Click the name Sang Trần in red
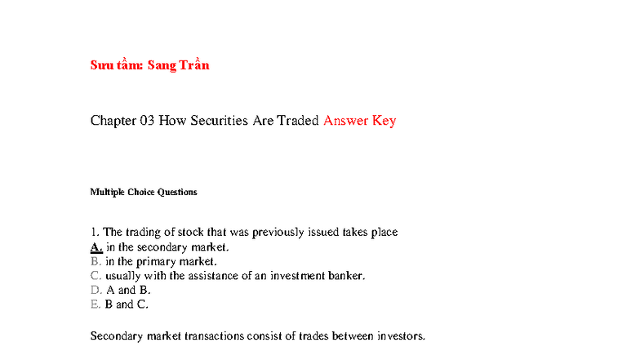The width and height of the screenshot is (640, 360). coord(178,65)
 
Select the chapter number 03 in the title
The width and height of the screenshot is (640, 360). coord(147,121)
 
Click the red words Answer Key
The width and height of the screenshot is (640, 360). coord(360,121)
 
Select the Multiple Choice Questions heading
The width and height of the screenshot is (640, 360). coord(144,193)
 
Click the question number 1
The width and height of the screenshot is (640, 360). coord(94,232)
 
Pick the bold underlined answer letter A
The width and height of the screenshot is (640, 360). coord(96,247)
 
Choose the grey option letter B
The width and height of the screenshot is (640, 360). coord(95,261)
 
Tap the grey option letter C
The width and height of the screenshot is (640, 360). coord(96,276)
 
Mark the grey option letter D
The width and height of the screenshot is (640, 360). coord(96,290)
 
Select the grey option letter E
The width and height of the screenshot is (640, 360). coord(95,304)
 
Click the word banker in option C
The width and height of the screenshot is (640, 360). coord(348,276)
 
